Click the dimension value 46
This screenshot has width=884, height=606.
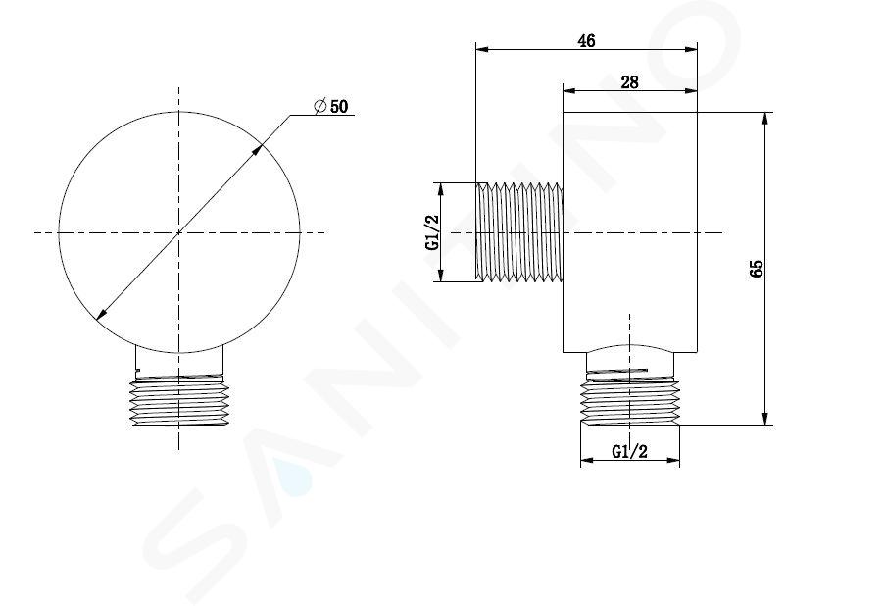(586, 41)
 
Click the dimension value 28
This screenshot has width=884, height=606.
(629, 82)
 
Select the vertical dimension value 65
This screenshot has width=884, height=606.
(757, 269)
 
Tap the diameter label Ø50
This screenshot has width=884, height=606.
(331, 106)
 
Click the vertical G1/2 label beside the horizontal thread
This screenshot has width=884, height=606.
(432, 231)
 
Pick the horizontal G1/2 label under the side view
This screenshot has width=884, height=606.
(630, 451)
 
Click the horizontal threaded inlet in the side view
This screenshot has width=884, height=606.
(519, 231)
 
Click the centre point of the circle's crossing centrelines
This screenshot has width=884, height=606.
(179, 231)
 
